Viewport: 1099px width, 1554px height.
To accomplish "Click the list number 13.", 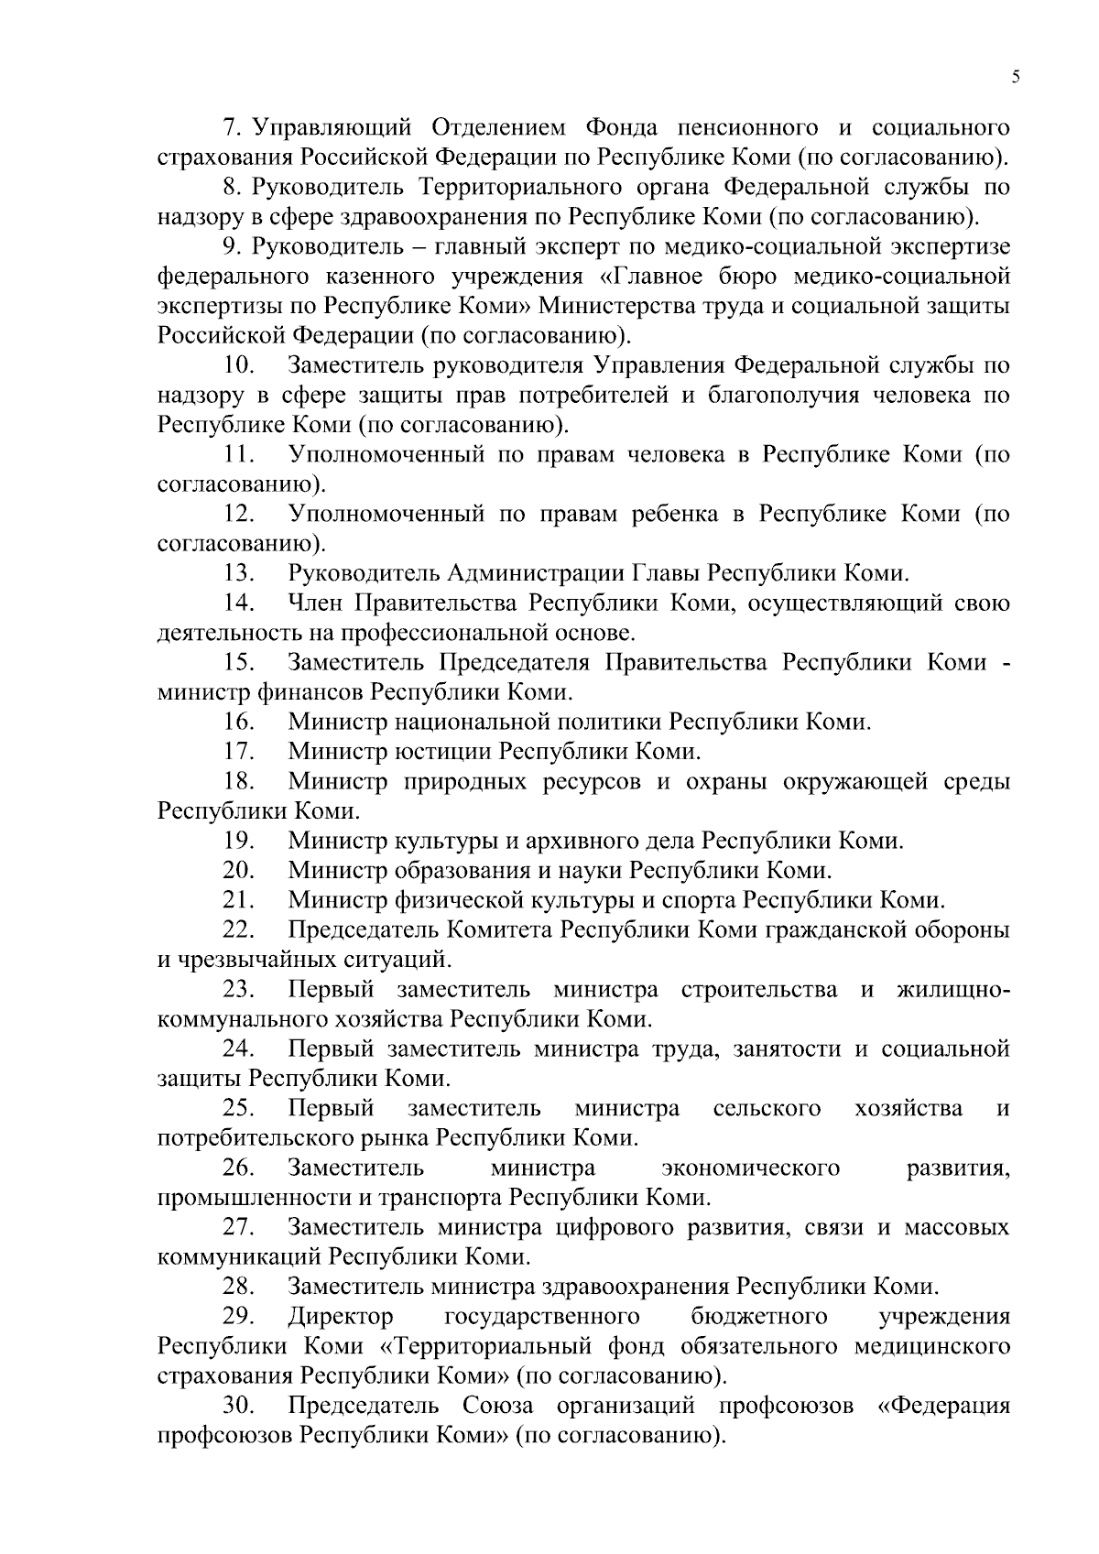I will (x=238, y=574).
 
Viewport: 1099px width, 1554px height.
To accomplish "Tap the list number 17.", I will (x=238, y=753).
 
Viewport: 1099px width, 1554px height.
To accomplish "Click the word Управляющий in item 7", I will (x=332, y=127).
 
